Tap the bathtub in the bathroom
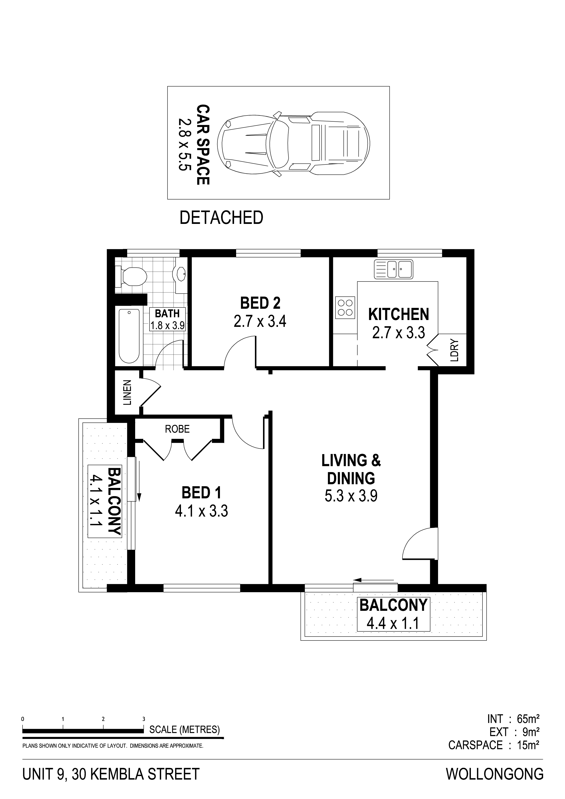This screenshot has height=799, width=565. pos(129,336)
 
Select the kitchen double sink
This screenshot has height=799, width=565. pos(393,269)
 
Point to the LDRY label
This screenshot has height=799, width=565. pos(455,351)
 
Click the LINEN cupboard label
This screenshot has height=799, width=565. pos(127,393)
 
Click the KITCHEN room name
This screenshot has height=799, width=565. pos(399,315)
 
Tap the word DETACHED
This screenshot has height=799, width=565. pos(221,218)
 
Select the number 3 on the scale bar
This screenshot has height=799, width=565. pos(143,719)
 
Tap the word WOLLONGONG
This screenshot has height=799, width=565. pos(495,771)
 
